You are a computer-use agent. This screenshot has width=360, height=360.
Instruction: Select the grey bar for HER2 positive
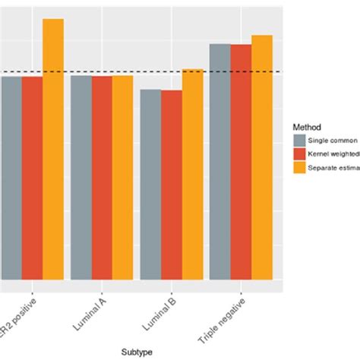click(x=11, y=178)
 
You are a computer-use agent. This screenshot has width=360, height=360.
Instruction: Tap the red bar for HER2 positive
click(x=32, y=178)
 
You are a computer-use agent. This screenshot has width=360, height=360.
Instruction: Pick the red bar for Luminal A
click(x=102, y=178)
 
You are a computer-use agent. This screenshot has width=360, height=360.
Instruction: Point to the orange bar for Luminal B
click(x=193, y=174)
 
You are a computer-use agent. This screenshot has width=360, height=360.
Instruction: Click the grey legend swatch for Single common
click(x=300, y=141)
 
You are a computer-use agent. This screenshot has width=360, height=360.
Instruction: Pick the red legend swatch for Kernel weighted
click(x=300, y=154)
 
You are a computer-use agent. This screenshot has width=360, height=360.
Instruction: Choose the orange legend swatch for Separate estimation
click(x=300, y=168)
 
